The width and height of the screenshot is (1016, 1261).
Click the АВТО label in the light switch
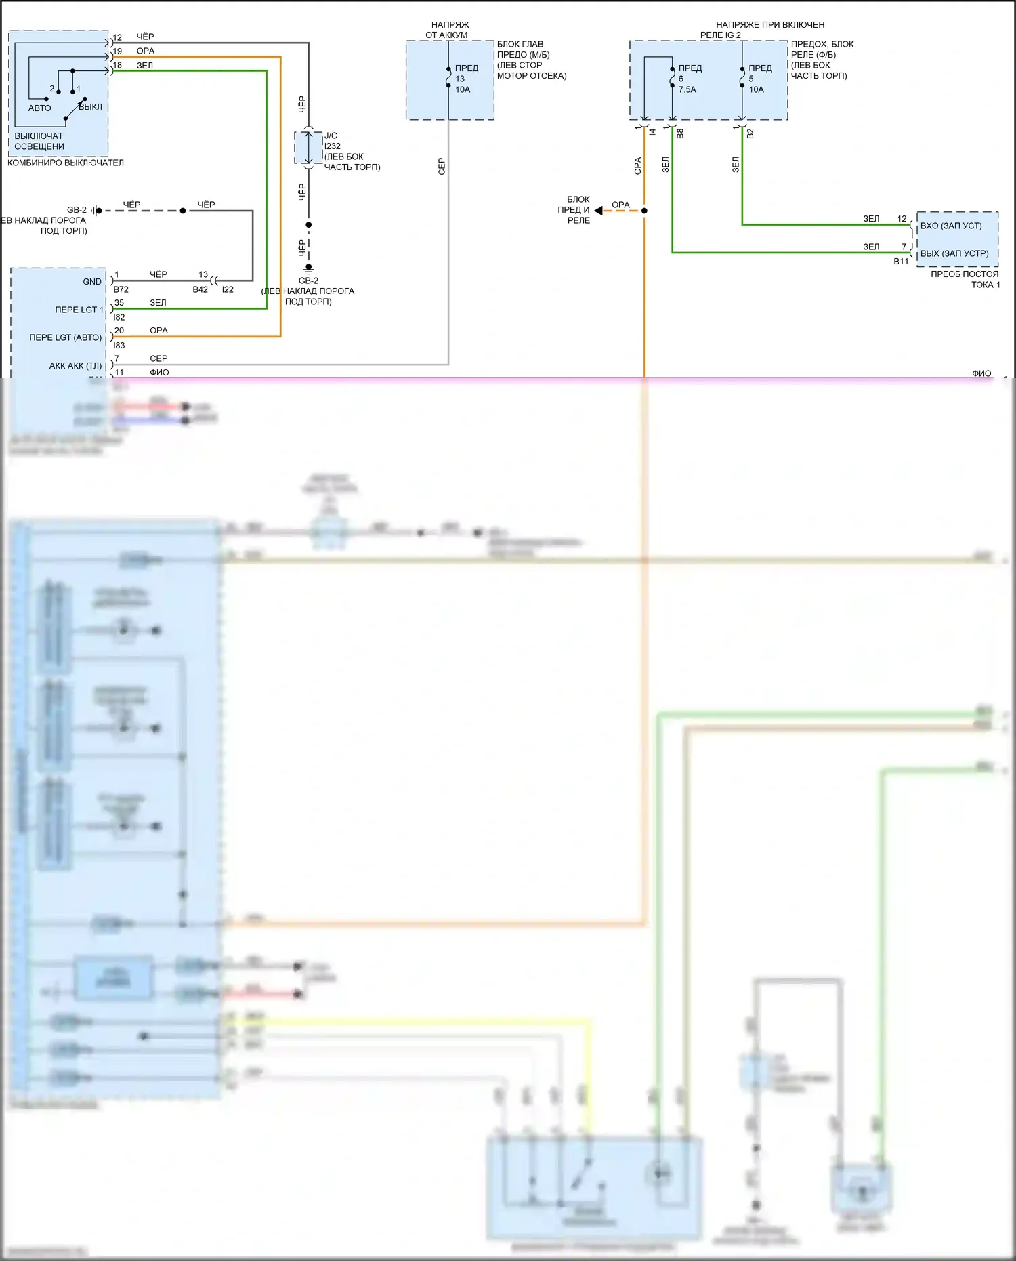[x=39, y=108]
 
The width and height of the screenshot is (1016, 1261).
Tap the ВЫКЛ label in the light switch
[x=91, y=107]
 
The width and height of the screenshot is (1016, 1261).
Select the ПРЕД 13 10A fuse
[x=448, y=78]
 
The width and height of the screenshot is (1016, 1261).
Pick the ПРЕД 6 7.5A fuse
[x=672, y=78]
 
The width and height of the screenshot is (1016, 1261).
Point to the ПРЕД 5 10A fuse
[x=742, y=78]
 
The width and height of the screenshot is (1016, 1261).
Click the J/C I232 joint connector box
[x=308, y=147]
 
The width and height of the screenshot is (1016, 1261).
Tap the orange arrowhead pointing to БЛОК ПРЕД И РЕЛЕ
[x=599, y=211]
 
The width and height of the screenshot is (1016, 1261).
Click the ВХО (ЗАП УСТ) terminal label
[x=950, y=226]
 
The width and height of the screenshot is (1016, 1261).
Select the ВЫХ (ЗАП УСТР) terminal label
[x=954, y=253]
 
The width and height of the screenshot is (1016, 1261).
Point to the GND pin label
[x=92, y=282]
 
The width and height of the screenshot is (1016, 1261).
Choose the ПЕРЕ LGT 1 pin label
[x=79, y=310]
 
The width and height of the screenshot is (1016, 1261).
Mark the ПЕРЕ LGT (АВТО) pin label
[x=66, y=337]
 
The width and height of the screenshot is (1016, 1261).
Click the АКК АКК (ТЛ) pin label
[x=75, y=366]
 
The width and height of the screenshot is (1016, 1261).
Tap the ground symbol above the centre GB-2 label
[x=308, y=268]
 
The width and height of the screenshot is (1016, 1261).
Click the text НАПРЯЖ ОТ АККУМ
[x=448, y=30]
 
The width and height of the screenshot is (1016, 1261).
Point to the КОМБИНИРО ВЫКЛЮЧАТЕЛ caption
[x=66, y=163]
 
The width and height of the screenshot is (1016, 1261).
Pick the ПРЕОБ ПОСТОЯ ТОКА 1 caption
[x=965, y=279]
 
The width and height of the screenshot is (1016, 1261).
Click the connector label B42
[x=200, y=289]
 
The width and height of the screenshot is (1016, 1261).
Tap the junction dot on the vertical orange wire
[x=644, y=211]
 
